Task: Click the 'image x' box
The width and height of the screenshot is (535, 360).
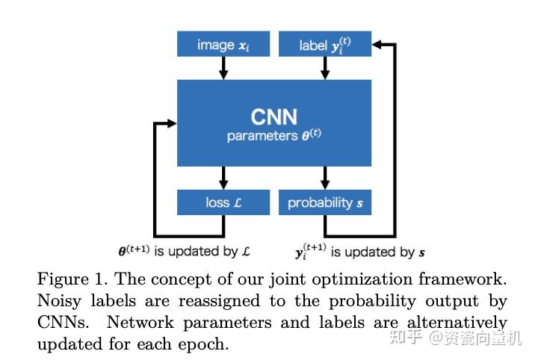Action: tap(223, 45)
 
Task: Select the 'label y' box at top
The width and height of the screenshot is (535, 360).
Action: tap(324, 45)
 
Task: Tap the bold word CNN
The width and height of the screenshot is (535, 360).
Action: tap(273, 117)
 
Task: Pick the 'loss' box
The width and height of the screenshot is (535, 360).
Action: tap(223, 202)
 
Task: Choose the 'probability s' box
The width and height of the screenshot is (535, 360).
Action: tap(324, 202)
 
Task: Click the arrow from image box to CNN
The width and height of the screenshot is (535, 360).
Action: tap(223, 68)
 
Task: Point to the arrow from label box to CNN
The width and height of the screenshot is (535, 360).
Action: tap(324, 68)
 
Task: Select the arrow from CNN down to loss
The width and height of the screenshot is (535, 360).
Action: tap(223, 178)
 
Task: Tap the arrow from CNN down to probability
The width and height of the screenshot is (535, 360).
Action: tap(324, 178)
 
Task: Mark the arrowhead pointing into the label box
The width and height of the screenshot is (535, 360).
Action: tap(377, 45)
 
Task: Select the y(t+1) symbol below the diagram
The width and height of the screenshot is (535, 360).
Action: tap(310, 251)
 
